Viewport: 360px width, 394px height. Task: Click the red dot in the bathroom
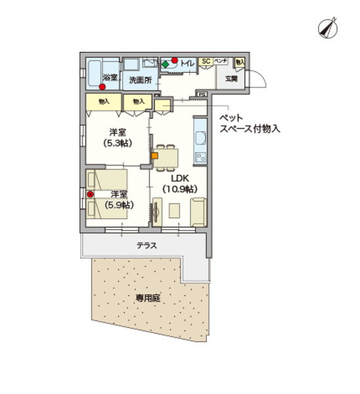coord(102,85)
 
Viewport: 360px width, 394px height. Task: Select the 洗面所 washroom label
coord(140,80)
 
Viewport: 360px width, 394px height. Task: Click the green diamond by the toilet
coord(165,65)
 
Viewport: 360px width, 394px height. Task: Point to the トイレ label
coord(187,64)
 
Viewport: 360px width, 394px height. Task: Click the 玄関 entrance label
coord(231,79)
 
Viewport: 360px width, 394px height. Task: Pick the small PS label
coord(202,95)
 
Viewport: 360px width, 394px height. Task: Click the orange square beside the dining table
coord(156,156)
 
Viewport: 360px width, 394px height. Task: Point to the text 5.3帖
coord(118,142)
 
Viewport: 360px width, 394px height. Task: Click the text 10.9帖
coord(179,189)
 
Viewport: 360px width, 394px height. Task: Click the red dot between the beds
coord(91,194)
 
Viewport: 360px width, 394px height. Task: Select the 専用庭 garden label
coord(148,297)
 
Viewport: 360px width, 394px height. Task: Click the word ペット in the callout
coord(231,118)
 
